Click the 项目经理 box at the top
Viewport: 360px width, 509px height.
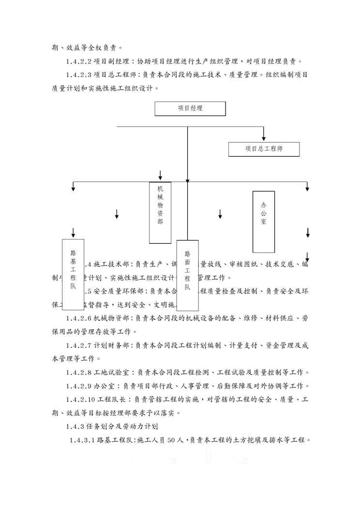pos(190,108)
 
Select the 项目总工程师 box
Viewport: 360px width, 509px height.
pos(264,149)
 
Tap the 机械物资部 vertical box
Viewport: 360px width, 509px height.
pos(160,212)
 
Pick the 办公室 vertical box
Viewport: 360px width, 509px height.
pos(264,222)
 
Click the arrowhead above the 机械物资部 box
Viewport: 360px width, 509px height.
pos(160,176)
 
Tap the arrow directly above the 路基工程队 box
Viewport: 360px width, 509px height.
pos(73,232)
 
